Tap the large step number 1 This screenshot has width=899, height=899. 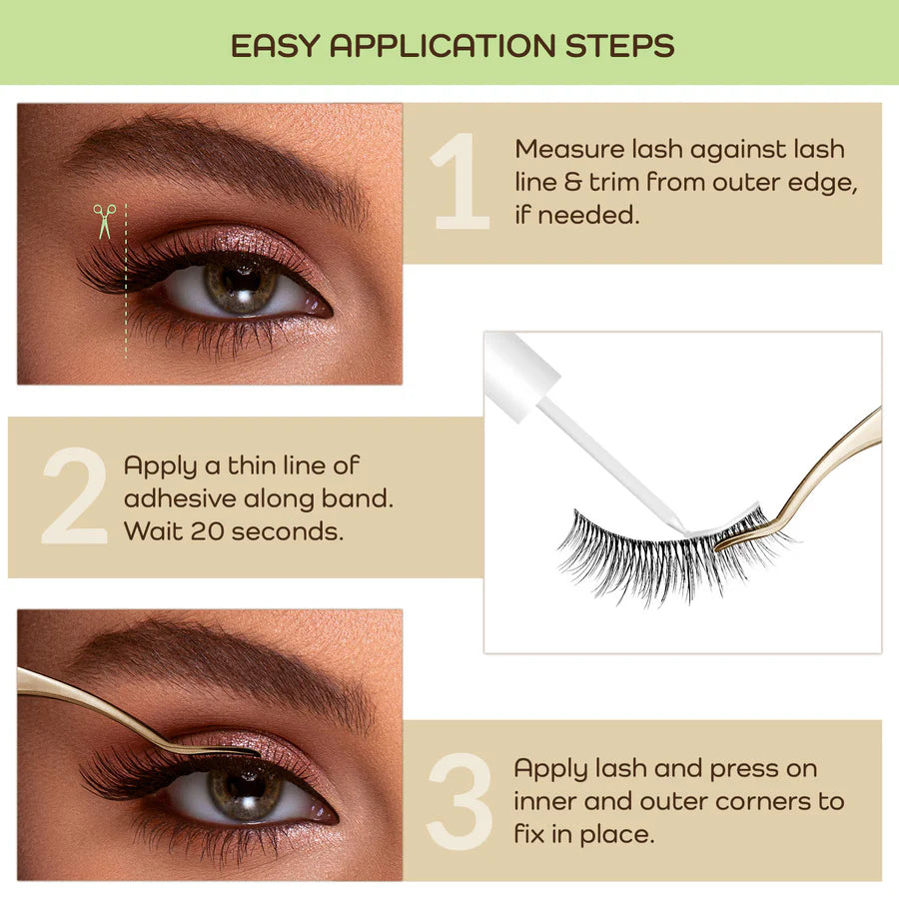459,183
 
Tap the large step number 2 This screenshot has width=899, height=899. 74,497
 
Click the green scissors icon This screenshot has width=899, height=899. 105,221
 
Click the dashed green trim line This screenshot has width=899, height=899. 126,300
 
